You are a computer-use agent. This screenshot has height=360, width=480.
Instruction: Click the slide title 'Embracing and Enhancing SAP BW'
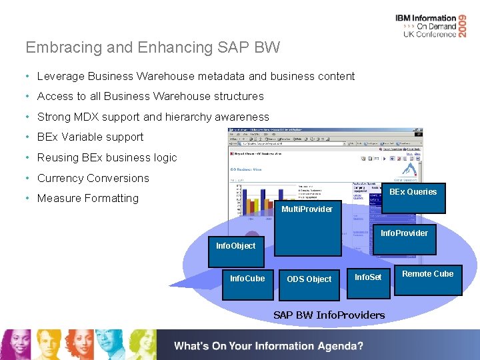pyautogui.click(x=153, y=47)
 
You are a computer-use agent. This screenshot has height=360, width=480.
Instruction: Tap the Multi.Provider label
pyautogui.click(x=307, y=209)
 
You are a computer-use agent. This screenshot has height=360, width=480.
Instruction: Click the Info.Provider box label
pyautogui.click(x=404, y=233)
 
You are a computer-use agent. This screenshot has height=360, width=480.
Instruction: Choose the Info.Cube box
pyautogui.click(x=247, y=279)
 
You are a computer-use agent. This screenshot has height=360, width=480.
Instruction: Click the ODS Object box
pyautogui.click(x=309, y=279)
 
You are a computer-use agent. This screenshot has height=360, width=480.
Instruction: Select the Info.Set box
pyautogui.click(x=368, y=277)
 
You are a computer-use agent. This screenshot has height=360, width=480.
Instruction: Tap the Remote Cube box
pyautogui.click(x=427, y=274)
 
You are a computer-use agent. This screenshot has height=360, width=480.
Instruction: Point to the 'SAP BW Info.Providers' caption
pyautogui.click(x=329, y=315)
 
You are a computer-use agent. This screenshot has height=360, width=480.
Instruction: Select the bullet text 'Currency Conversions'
pyautogui.click(x=93, y=178)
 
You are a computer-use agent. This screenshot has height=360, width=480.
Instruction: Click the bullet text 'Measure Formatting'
pyautogui.click(x=88, y=198)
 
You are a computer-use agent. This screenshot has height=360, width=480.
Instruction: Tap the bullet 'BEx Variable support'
pyautogui.click(x=90, y=137)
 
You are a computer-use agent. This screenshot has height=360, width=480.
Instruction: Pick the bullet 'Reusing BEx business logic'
pyautogui.click(x=107, y=157)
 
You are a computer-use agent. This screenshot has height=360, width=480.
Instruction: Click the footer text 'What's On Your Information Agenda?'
pyautogui.click(x=269, y=346)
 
